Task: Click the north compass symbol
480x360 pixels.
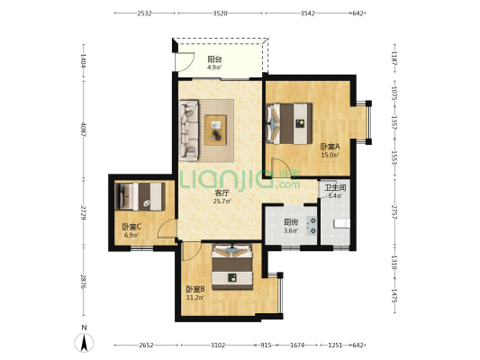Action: [x=84, y=343]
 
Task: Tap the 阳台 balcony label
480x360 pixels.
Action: [x=214, y=58]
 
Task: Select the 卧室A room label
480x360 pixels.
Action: [x=330, y=147]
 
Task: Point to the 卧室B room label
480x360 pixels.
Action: [x=195, y=289]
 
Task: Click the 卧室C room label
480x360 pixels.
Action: [x=131, y=227]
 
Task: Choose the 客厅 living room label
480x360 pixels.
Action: [x=222, y=193]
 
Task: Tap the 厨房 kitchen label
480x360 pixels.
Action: [x=291, y=222]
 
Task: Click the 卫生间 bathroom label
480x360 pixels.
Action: [x=335, y=187]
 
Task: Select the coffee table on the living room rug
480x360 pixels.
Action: [x=215, y=130]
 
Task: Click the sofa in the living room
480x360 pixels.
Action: [x=188, y=130]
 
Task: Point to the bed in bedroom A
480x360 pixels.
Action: [x=289, y=123]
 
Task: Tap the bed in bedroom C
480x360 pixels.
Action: [x=140, y=196]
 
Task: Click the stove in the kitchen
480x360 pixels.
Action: [x=312, y=225]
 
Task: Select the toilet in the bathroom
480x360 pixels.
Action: [x=341, y=223]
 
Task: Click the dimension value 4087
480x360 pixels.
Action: [x=83, y=130]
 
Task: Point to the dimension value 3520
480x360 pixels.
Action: [x=220, y=13]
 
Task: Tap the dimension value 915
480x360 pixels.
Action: [x=266, y=346]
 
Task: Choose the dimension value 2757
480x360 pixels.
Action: [x=394, y=212]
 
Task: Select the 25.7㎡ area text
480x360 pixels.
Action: [x=222, y=202]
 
